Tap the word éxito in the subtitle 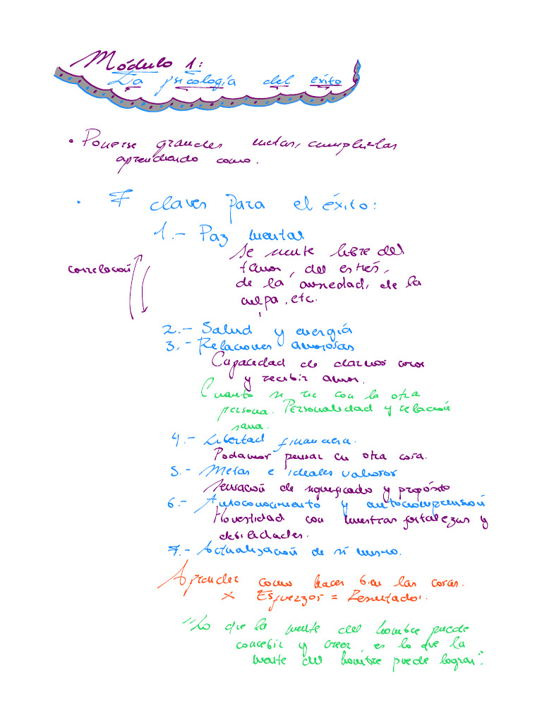325,81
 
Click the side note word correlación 100,269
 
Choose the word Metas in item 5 222,471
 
